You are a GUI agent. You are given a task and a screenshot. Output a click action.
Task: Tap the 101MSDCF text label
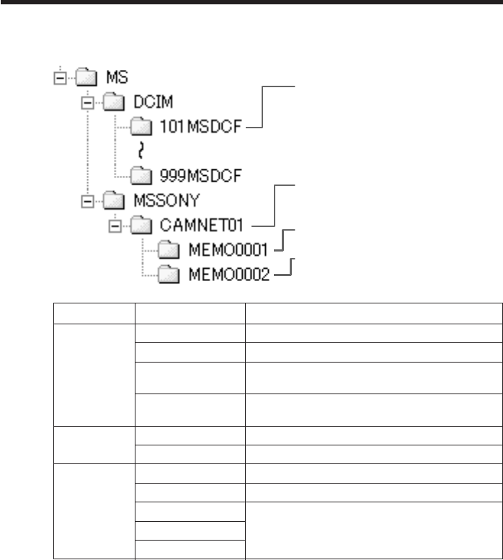(x=201, y=128)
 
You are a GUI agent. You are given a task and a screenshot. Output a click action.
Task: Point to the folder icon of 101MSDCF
(x=142, y=127)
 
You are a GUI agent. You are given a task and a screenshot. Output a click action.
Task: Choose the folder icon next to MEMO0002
(x=169, y=273)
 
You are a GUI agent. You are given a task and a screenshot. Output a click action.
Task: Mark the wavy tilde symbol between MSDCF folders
(x=142, y=150)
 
